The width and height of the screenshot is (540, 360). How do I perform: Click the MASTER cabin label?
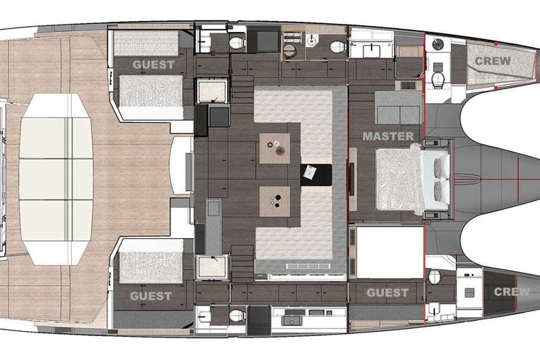[388, 136]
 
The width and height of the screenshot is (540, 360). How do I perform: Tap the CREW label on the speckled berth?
[493, 61]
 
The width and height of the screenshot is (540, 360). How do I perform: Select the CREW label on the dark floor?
[512, 292]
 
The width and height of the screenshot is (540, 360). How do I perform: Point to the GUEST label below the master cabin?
[388, 292]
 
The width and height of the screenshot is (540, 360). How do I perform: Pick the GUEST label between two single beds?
[154, 65]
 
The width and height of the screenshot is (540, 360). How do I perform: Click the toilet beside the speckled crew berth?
[438, 80]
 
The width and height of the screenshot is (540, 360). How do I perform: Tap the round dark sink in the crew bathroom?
[438, 44]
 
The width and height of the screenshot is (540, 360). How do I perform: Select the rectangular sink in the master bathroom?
[372, 51]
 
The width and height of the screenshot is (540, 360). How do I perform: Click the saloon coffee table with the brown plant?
[274, 149]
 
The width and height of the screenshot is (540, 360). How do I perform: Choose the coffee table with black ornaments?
[274, 202]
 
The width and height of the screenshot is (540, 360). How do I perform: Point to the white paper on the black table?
[309, 172]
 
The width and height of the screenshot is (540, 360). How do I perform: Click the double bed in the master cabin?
[412, 179]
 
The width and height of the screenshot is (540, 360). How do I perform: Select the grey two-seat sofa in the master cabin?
[398, 107]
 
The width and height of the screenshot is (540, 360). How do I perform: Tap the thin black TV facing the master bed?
[352, 179]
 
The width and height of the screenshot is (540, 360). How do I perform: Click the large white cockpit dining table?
[56, 179]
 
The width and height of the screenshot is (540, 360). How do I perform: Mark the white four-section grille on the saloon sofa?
[308, 266]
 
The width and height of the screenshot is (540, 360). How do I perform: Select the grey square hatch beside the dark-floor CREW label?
[469, 292]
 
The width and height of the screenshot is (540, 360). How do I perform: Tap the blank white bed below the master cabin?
[390, 252]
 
